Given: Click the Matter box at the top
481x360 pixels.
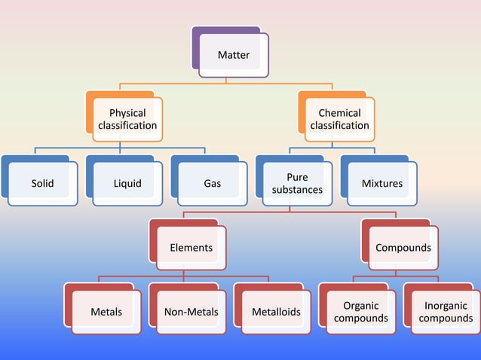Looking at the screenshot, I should pos(234,55).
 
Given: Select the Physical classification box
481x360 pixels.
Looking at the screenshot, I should pos(127,119).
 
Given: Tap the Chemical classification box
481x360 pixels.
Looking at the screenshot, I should pos(340,119).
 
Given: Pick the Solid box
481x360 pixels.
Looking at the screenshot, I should pos(43,183).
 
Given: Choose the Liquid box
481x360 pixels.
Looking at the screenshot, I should pos(127,183).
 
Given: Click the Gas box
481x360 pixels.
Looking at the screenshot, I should pos(213,183).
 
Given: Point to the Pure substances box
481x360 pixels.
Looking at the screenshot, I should pos(297,183).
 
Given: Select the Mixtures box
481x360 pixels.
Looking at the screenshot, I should pos(382,183).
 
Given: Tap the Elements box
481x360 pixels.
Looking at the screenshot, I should pos(191,248).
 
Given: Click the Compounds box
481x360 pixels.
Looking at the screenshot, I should pos(403,248).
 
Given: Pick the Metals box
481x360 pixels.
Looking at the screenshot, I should pos(106,312).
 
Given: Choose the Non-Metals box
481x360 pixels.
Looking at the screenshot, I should pos(191,312).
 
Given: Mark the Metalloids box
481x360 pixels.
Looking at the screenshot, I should pos(276,312).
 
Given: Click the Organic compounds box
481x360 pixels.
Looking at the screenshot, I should pos(361,312).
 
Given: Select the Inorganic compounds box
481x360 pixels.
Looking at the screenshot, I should pos(446,312).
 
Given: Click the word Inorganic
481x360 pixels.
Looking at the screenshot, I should pos(446,306).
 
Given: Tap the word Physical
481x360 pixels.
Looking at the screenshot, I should pos(127,113).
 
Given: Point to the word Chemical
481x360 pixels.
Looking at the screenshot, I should pos(340,113).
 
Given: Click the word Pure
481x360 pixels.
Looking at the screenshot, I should pos(297,178).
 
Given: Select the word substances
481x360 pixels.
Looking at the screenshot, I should pos(297,190).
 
